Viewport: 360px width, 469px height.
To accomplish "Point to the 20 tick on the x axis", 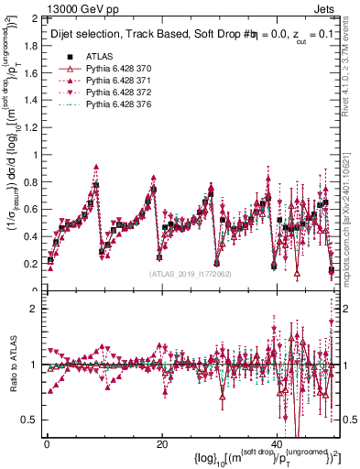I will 161,443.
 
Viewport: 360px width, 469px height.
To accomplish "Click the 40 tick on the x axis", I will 277,443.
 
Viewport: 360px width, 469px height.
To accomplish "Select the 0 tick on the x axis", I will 46,443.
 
